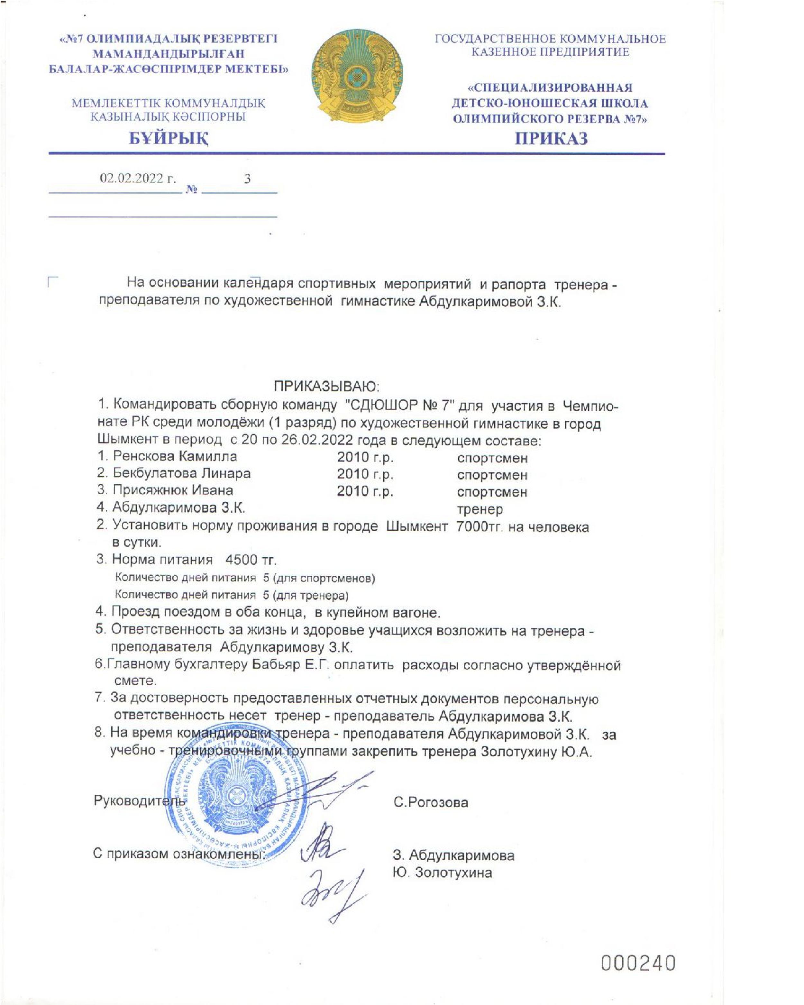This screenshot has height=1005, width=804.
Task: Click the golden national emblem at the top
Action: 357,76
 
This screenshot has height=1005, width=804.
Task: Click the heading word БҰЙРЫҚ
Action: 169,138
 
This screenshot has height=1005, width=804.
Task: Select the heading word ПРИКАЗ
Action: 551,138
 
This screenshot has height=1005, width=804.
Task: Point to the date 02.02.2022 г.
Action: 138,178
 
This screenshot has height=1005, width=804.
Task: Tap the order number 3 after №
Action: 248,179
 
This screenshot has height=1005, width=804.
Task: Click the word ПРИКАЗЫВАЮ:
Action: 327,387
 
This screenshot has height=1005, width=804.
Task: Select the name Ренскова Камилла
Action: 175,456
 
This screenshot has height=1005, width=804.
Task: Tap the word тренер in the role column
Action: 480,509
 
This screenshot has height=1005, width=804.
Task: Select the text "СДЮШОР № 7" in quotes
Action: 398,406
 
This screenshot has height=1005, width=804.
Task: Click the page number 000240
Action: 638,961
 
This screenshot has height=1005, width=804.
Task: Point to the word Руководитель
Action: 140,800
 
